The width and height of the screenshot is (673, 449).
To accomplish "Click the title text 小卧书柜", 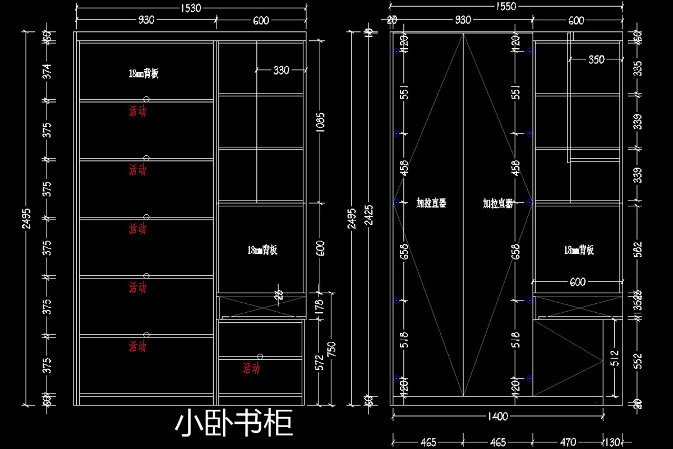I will [234, 424].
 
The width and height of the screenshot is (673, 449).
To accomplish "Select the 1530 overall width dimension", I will [191, 8].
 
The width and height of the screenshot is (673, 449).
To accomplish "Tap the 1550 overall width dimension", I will [506, 6].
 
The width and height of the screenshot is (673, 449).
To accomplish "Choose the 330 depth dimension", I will [282, 71].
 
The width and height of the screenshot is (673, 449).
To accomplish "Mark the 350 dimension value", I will [596, 59].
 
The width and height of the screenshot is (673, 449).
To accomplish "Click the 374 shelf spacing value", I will [48, 71].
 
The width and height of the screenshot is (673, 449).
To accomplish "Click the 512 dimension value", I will [614, 355].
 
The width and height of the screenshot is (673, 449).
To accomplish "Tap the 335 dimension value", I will [637, 69].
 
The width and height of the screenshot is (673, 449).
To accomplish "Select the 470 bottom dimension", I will [568, 442].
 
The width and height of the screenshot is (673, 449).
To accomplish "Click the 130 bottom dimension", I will [612, 442].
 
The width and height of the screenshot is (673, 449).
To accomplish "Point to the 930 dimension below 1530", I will [146, 21].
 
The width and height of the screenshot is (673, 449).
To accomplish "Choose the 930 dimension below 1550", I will [463, 21].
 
